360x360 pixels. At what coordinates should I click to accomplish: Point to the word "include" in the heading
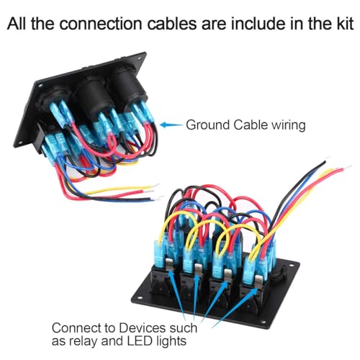[x=257, y=24]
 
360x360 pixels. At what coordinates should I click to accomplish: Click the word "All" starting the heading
[x=17, y=24]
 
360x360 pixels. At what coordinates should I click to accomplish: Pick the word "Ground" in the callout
[x=208, y=125]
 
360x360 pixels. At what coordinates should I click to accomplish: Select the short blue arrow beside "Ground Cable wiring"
[x=171, y=125]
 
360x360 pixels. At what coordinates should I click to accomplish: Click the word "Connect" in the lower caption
[x=76, y=328]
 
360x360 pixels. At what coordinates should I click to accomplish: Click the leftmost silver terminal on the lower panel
[x=169, y=265]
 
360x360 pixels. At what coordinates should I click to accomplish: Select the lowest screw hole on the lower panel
[x=264, y=322]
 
